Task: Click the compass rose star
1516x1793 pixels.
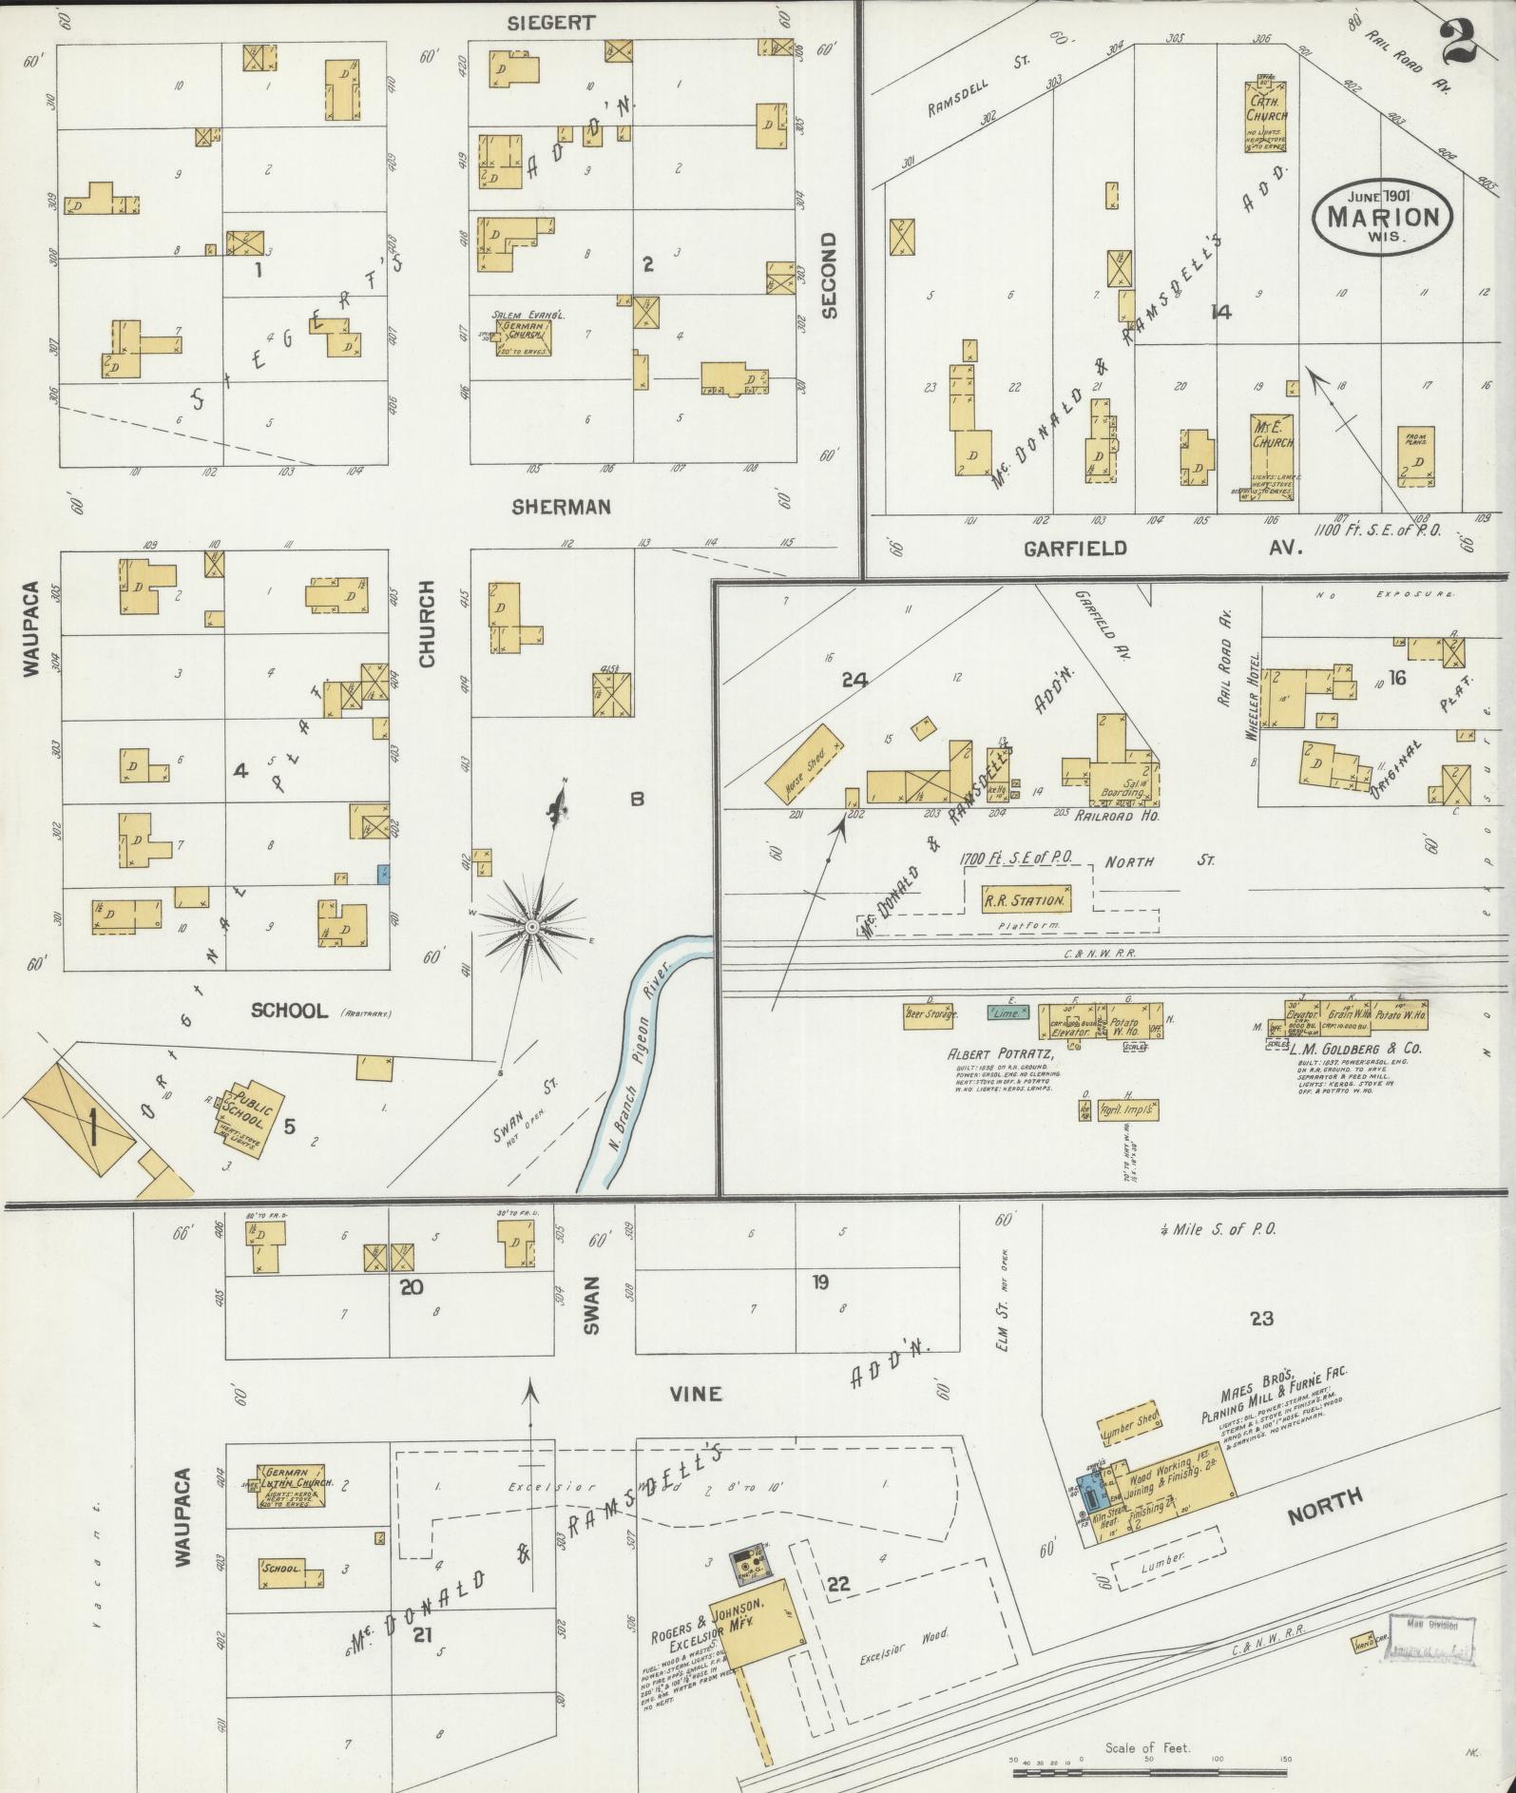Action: point(533,925)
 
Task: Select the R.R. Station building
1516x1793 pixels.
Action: point(1027,899)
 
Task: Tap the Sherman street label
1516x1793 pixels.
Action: point(560,508)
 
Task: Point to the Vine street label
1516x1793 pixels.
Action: point(696,1394)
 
